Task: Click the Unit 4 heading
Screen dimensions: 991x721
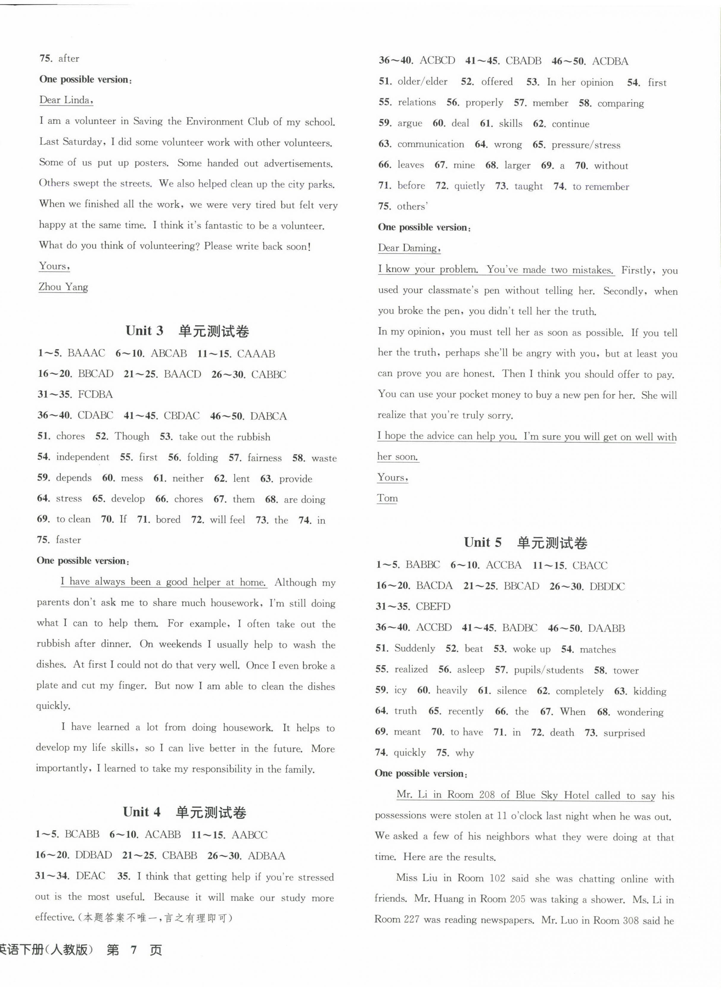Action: pyautogui.click(x=184, y=812)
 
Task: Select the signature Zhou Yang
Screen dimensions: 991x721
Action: pyautogui.click(x=64, y=287)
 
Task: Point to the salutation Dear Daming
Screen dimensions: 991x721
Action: pyautogui.click(x=409, y=248)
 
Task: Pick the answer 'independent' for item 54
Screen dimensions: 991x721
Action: pyautogui.click(x=83, y=457)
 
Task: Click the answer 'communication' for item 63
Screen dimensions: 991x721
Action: pyautogui.click(x=431, y=144)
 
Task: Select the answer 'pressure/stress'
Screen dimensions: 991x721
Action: pyautogui.click(x=586, y=145)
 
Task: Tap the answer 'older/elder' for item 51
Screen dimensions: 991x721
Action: pyautogui.click(x=422, y=82)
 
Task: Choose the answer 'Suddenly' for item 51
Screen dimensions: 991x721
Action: pyautogui.click(x=414, y=649)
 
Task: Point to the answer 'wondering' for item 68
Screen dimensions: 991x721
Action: pyautogui.click(x=640, y=712)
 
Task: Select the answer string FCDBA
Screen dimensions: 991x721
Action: pyautogui.click(x=95, y=395)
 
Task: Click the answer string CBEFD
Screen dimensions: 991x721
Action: pyautogui.click(x=433, y=607)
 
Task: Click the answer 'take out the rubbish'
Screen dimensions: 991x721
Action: pyautogui.click(x=224, y=437)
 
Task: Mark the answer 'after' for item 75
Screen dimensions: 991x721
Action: pyautogui.click(x=69, y=58)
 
